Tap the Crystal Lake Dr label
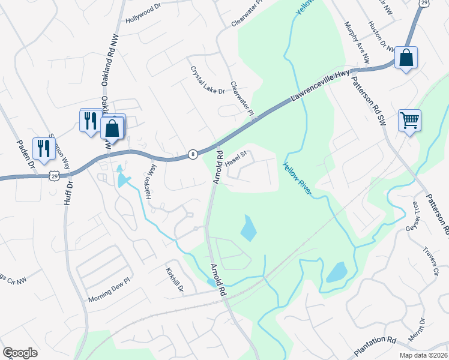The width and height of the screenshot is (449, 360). [207, 80]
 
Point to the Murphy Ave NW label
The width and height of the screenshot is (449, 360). [357, 43]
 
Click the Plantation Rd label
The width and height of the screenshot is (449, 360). [375, 345]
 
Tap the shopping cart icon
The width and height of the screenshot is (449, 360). [409, 120]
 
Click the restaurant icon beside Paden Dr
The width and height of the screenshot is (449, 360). [43, 148]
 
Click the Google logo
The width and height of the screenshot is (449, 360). [20, 353]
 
